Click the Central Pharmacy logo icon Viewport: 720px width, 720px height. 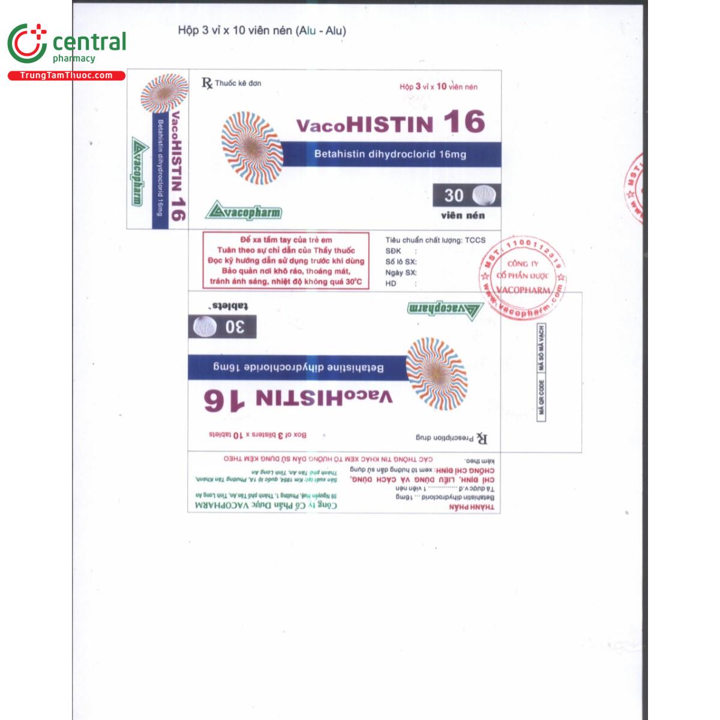(x=27, y=44)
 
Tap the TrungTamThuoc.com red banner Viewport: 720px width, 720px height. (x=66, y=76)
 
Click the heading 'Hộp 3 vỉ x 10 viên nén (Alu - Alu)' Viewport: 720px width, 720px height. (x=262, y=31)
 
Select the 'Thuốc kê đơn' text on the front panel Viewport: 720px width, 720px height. (x=238, y=83)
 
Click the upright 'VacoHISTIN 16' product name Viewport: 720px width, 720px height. (x=390, y=123)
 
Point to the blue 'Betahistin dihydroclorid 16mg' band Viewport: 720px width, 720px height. (x=390, y=154)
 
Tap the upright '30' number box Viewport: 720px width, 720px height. (x=454, y=195)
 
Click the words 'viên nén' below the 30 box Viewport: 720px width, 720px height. (x=463, y=215)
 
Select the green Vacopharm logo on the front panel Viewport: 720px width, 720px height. (x=243, y=211)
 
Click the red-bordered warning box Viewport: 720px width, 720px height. (x=286, y=260)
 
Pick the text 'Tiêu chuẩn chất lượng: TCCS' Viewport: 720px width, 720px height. (x=435, y=240)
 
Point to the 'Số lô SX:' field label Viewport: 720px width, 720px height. (x=401, y=262)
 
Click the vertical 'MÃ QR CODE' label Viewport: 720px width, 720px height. (x=541, y=397)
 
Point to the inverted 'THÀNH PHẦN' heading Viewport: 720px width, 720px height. (x=472, y=508)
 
